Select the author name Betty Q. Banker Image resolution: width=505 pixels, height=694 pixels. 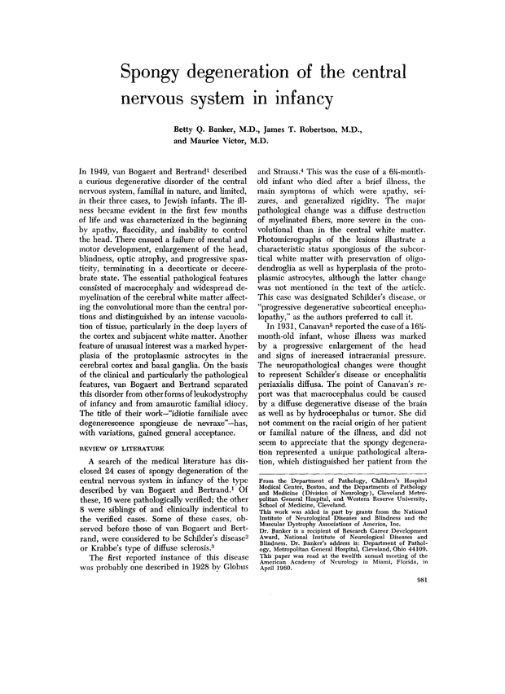point(214,129)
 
